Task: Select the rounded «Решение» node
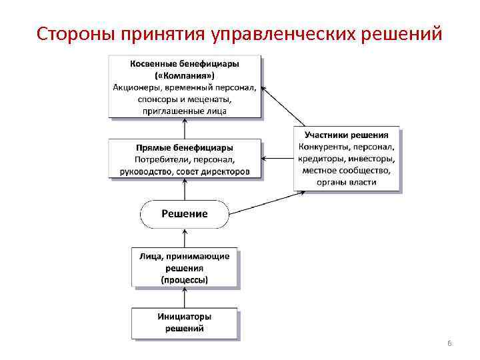(185, 214)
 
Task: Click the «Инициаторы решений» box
(185, 322)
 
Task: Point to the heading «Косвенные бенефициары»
(185, 63)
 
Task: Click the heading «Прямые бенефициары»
(185, 147)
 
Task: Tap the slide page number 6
(449, 343)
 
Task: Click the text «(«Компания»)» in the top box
(185, 75)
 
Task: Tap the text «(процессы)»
(185, 280)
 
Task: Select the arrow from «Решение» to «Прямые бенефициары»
(185, 190)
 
